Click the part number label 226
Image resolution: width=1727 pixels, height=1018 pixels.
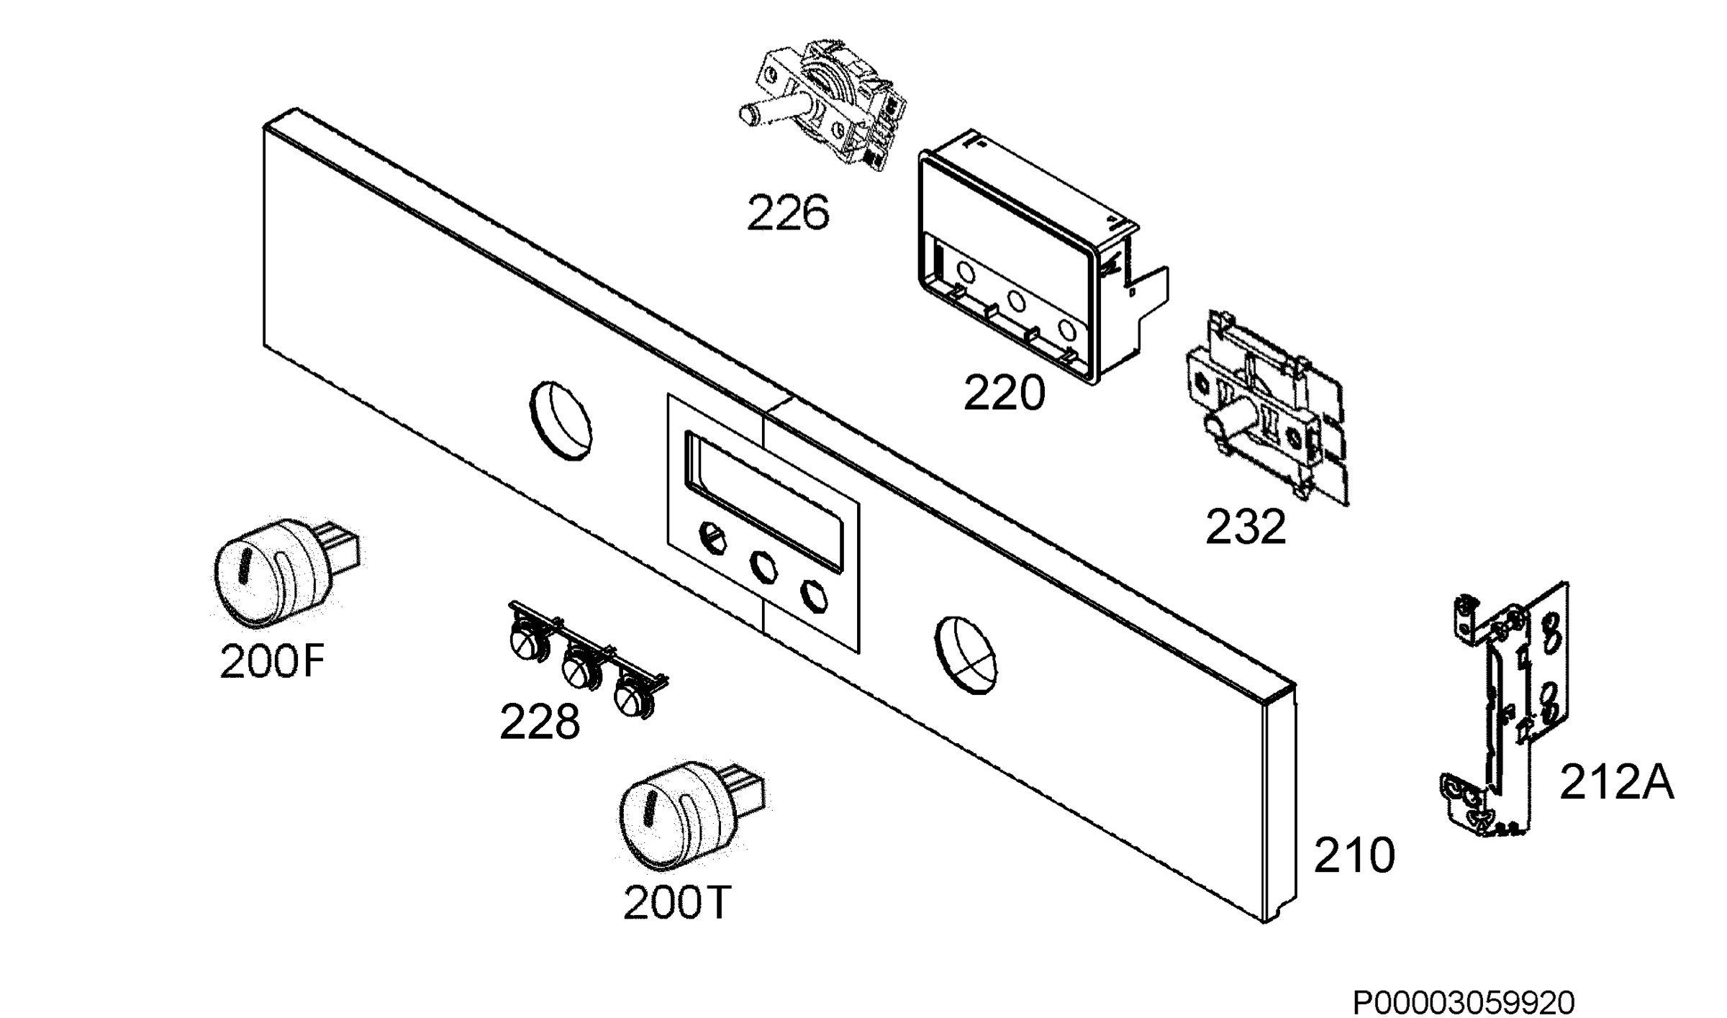coord(788,213)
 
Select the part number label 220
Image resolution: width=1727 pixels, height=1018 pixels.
coord(1004,394)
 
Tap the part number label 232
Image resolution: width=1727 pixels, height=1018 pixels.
coord(1246,527)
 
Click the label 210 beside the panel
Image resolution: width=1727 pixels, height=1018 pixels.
coord(1354,855)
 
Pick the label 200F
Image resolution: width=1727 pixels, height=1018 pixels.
coord(272,661)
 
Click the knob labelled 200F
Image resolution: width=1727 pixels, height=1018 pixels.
coord(281,572)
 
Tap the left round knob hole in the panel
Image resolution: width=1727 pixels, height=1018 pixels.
coord(561,421)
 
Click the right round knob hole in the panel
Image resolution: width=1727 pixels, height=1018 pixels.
coord(966,655)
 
